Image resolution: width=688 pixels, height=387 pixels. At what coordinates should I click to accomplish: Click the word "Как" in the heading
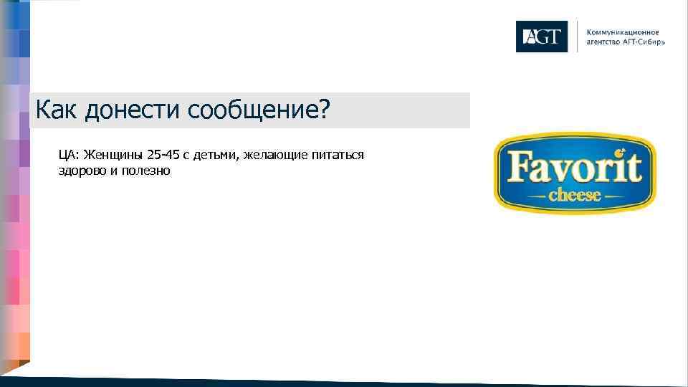[56, 110]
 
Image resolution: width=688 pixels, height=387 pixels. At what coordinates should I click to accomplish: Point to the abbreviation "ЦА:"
[70, 155]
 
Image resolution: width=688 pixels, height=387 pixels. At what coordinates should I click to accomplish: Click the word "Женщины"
[113, 155]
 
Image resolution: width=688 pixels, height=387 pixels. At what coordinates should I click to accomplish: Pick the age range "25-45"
[164, 155]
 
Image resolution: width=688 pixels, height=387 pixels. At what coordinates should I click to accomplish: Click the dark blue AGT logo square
[541, 37]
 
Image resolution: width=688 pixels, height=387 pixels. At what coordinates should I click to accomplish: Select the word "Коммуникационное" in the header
[622, 32]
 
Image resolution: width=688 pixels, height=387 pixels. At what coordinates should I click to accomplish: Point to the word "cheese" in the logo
[574, 194]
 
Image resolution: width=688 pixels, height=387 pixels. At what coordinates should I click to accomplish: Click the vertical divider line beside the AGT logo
[577, 37]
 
